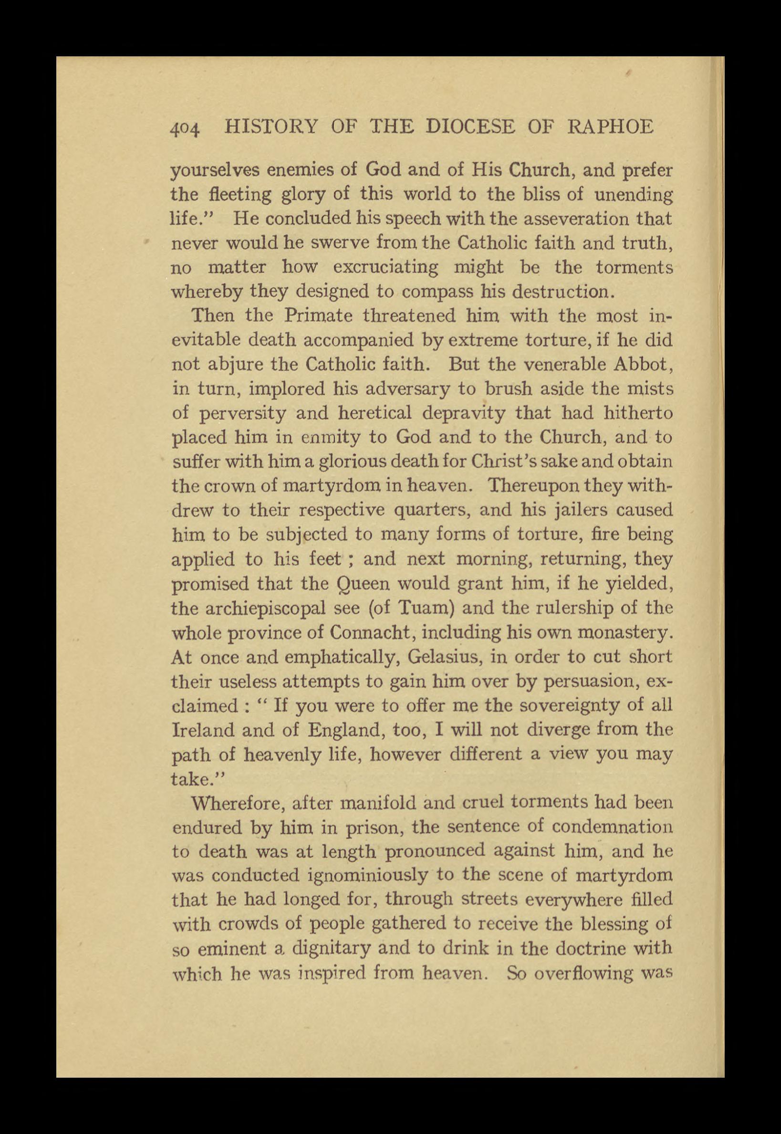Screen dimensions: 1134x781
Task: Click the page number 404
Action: point(185,129)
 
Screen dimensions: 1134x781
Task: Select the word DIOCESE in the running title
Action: point(470,127)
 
